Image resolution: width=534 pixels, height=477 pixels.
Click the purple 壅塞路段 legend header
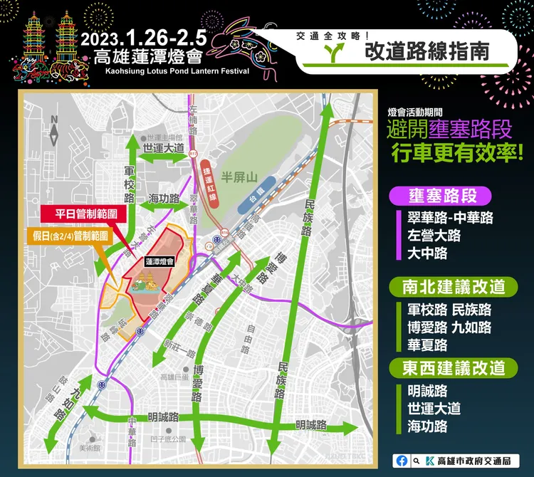[x=442, y=196]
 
